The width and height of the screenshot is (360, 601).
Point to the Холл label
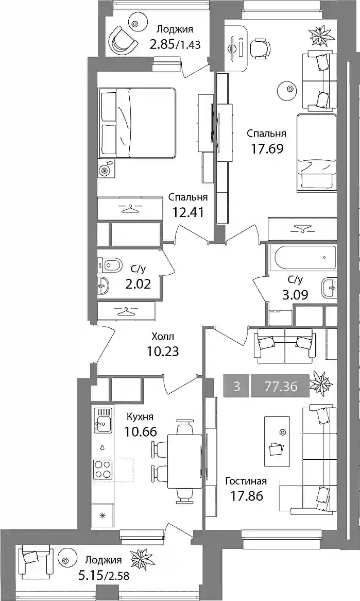click(x=163, y=337)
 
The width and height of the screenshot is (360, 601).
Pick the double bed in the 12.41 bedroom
click(x=138, y=123)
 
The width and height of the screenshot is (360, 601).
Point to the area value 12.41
click(x=187, y=211)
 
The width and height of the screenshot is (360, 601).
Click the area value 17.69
click(x=267, y=148)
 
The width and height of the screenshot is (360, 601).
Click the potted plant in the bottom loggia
click(x=141, y=561)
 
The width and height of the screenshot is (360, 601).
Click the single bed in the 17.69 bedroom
click(x=316, y=152)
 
